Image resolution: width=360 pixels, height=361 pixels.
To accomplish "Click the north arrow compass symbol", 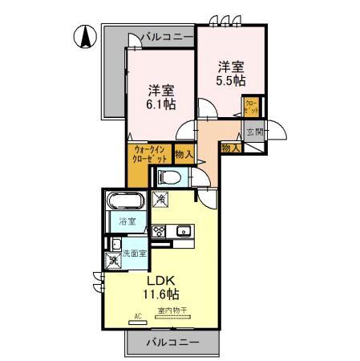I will (86, 36).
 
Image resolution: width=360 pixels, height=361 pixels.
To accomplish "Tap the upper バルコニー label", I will (166, 37).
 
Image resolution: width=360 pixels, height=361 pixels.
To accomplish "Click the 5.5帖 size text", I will (230, 82).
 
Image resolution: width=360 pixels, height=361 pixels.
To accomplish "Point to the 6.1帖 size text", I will (160, 105).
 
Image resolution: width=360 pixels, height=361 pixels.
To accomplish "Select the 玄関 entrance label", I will (255, 132).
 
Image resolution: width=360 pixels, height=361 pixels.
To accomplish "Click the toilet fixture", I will (169, 177).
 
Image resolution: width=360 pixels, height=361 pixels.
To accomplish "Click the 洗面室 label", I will (134, 254).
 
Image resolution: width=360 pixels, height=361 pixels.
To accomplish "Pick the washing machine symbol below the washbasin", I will (113, 259).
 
